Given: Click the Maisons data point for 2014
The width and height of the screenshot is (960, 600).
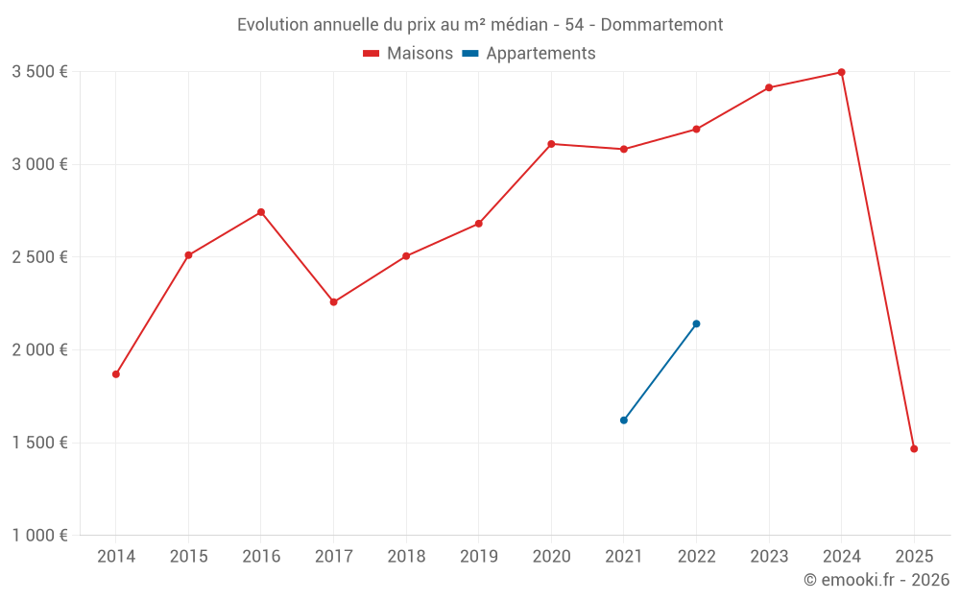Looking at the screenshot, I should (116, 374).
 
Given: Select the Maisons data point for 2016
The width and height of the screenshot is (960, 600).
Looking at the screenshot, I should (261, 212).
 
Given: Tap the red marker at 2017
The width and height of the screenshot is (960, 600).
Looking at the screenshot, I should (333, 302).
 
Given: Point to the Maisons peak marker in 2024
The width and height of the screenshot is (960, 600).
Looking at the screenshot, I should (841, 72).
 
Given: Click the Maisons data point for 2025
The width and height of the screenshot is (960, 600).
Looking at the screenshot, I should (914, 448).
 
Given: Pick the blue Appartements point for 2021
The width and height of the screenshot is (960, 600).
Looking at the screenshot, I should (624, 420).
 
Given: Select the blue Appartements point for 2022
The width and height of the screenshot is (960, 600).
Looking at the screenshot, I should (696, 324).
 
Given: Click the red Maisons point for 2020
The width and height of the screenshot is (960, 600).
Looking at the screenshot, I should (551, 144).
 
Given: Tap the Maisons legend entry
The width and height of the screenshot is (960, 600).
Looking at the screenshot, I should (408, 54).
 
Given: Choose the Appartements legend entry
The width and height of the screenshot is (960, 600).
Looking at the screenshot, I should (529, 54).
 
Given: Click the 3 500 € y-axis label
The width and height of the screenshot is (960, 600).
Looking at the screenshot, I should (39, 72).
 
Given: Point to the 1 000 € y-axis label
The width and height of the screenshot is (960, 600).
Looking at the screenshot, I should (39, 536).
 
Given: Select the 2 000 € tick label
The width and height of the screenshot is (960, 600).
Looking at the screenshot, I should (39, 350).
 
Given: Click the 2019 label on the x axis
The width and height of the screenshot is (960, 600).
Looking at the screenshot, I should (478, 557).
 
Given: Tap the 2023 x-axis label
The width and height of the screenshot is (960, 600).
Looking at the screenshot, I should (769, 557).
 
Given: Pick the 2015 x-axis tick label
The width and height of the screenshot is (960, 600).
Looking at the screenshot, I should (188, 557).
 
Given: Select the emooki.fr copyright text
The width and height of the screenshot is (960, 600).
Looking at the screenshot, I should (876, 580).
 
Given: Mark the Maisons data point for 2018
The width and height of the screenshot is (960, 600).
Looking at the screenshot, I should (406, 256).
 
